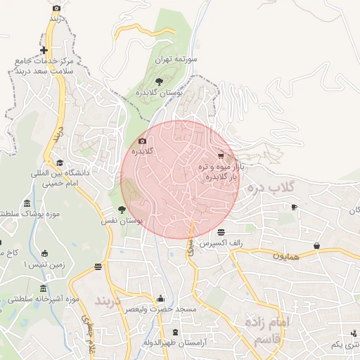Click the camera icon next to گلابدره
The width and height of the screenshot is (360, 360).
[x=142, y=141]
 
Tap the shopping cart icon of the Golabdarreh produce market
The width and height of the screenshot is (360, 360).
[x=221, y=155]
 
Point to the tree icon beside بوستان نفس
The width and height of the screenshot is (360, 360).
[x=122, y=209]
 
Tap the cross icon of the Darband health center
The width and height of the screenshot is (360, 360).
[x=44, y=50]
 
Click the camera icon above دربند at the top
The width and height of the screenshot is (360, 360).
[x=57, y=8]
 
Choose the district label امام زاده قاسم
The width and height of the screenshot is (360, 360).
[x=268, y=329]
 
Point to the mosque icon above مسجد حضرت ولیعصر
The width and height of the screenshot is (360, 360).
[x=160, y=298]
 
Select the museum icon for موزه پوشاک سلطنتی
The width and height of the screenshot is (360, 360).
[x=27, y=203]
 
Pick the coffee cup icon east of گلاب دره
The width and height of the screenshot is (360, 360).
[x=295, y=207]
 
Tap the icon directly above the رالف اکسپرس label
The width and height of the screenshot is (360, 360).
[x=221, y=233]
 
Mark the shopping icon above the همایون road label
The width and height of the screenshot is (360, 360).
[x=317, y=245]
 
